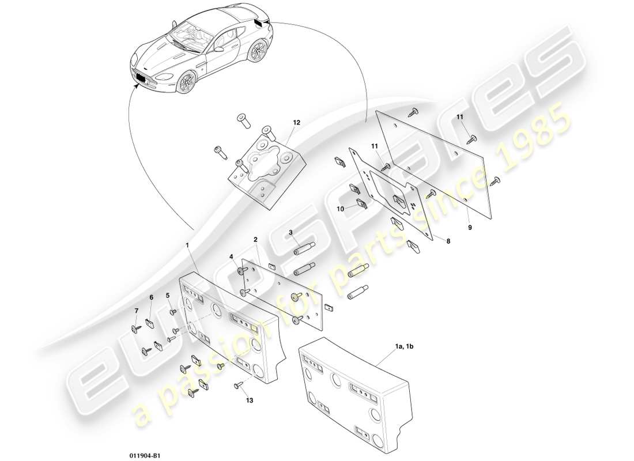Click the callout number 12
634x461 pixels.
coord(296,123)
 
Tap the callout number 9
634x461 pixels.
coord(469,228)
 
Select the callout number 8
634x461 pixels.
coord(448,243)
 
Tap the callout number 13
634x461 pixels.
coord(249,400)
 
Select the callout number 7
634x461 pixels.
coord(137,311)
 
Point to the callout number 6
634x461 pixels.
coord(152,297)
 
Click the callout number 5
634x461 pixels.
coord(168,296)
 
